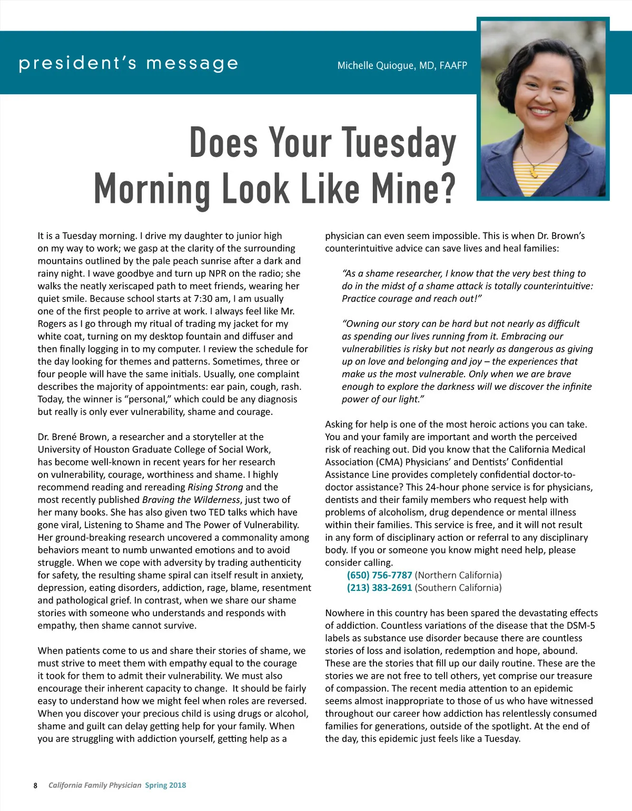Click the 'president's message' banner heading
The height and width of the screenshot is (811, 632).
[129, 64]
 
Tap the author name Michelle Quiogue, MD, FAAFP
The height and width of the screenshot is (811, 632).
[402, 66]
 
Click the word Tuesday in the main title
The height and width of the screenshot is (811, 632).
[399, 143]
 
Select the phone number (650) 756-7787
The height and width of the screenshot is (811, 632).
[379, 575]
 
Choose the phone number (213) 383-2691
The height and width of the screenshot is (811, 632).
[379, 588]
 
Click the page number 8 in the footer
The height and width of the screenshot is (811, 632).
[35, 785]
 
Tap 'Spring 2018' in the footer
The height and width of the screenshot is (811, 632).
[165, 785]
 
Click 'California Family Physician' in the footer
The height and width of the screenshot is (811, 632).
[95, 785]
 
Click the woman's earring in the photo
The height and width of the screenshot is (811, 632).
[570, 120]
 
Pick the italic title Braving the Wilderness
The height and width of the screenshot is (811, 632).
[191, 500]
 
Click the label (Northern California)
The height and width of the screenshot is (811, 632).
[458, 575]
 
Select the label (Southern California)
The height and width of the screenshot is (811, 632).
[458, 588]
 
